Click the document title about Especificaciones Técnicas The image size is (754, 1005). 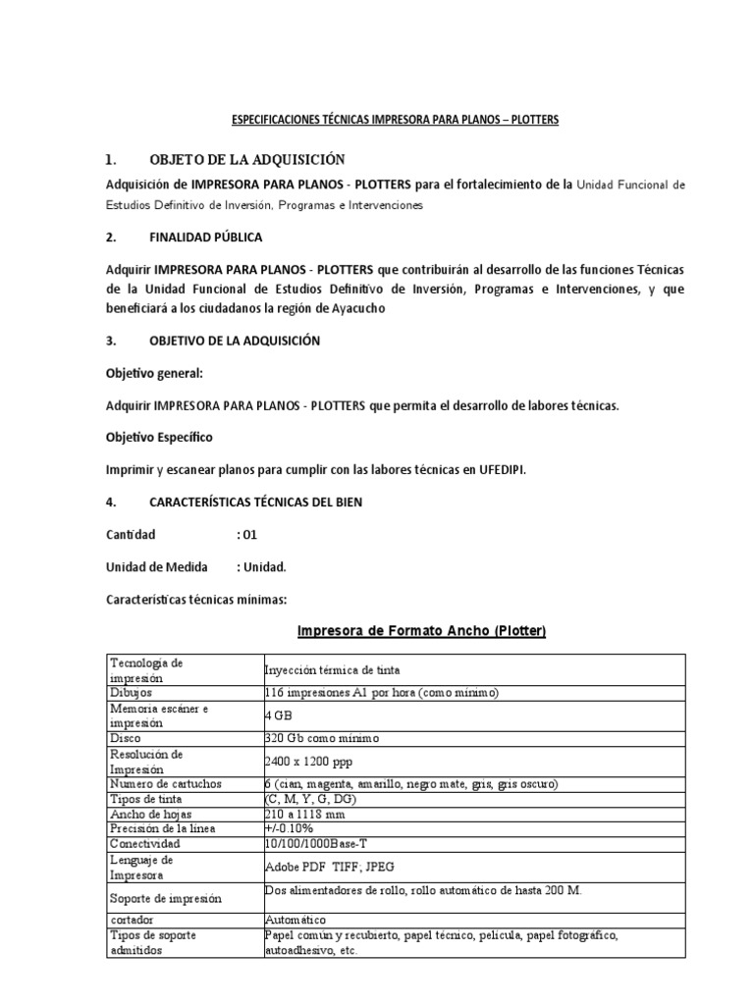coord(395,119)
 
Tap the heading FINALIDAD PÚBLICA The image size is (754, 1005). coord(205,238)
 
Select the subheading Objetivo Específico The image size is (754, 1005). coord(158,437)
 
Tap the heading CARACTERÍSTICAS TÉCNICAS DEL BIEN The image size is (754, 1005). coord(255,502)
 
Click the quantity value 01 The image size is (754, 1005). coord(248,534)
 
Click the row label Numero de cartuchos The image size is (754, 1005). coord(167,784)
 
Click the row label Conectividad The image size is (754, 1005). coord(146,844)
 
